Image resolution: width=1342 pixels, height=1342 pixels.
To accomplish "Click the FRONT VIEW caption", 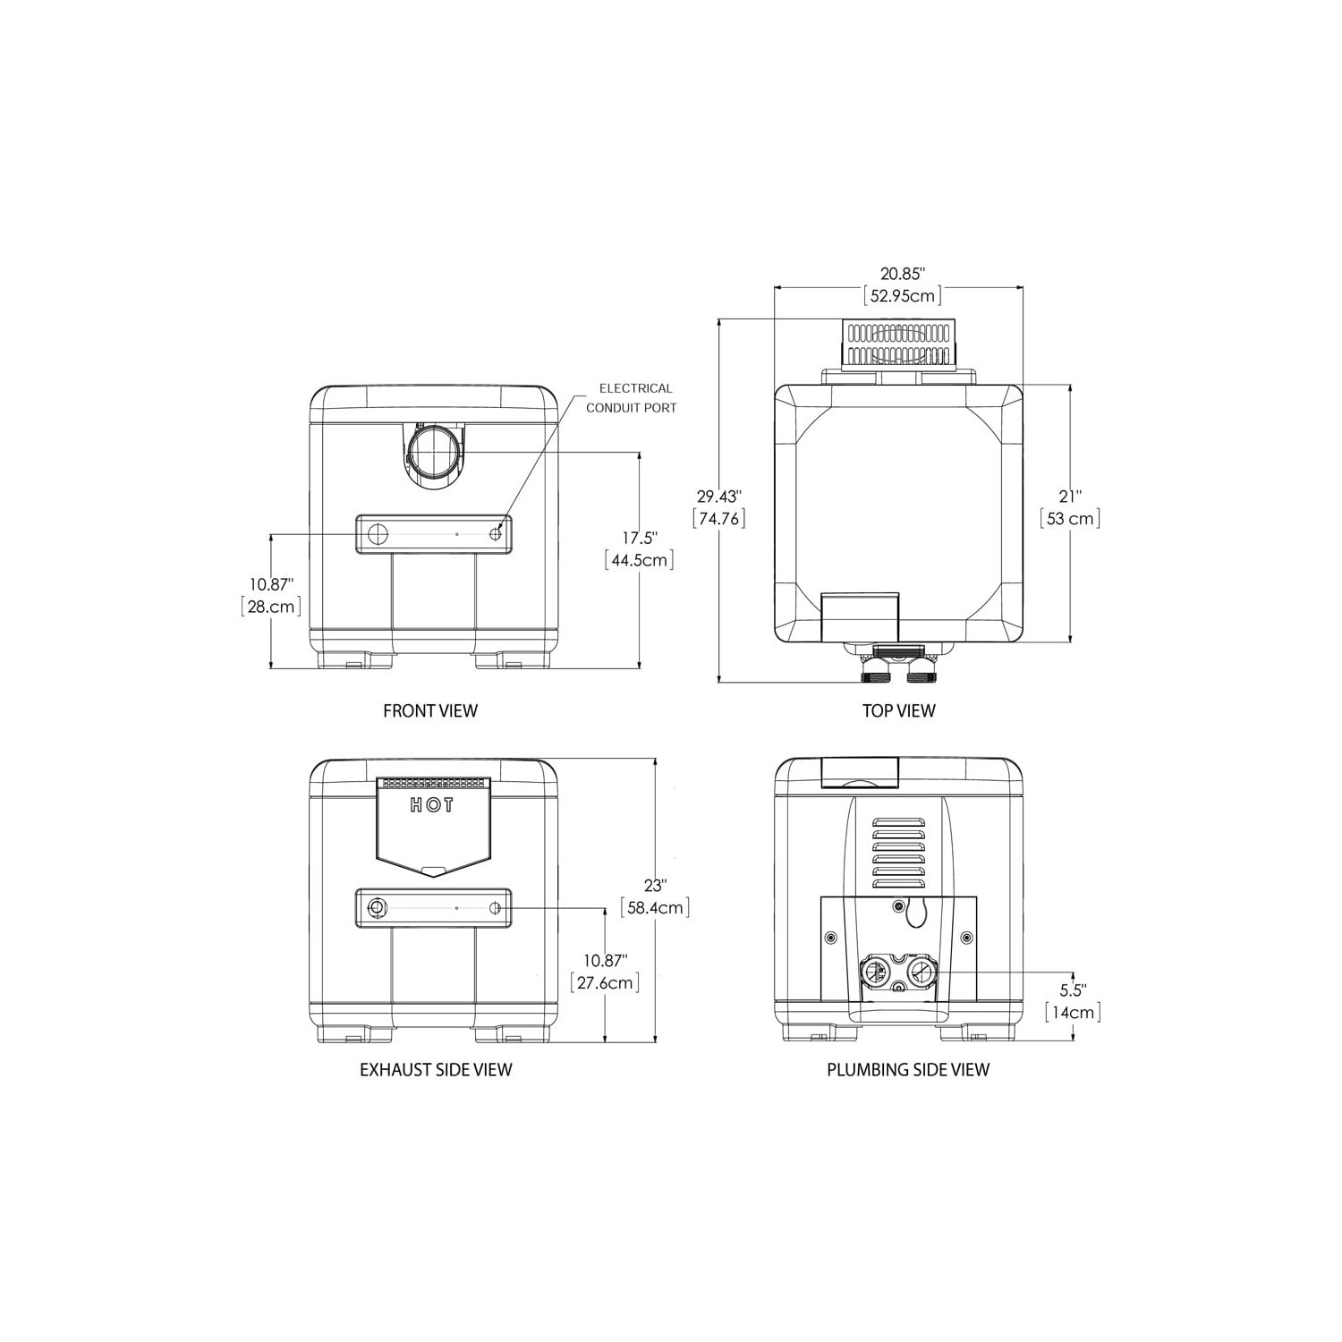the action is tap(430, 710).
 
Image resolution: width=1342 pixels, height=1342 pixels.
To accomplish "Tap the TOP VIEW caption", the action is tap(898, 710).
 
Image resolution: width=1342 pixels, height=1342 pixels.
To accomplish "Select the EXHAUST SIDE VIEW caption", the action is tap(436, 1069).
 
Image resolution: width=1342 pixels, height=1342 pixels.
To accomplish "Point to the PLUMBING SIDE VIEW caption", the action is tap(908, 1069).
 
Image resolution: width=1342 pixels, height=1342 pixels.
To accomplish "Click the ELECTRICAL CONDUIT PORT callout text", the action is tap(632, 398).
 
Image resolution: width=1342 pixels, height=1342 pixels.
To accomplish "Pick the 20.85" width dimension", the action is tap(900, 275).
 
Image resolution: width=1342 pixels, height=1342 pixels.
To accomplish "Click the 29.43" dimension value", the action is tap(719, 496).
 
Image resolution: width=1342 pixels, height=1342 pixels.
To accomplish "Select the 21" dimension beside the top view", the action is tap(1070, 496).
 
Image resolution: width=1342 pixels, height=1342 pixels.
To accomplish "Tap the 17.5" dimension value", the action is tap(640, 538).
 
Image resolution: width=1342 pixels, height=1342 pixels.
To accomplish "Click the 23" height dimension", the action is tap(655, 885).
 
